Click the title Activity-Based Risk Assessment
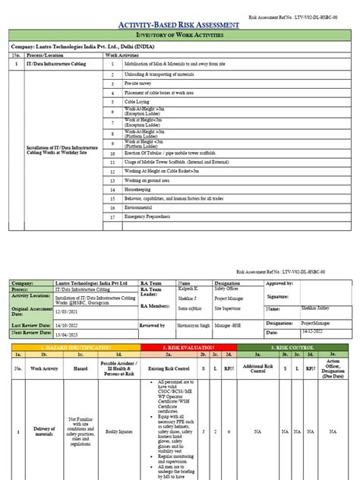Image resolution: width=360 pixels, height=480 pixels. pos(180,26)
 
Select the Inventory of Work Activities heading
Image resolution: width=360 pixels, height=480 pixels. pos(180,36)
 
